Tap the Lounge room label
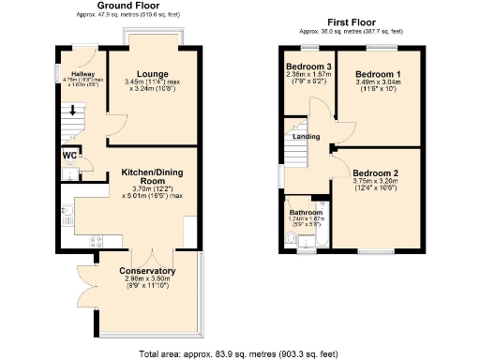coord(152,74)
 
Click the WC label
coord(70,155)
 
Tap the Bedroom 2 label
coord(376,173)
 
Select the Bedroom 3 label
coord(309,67)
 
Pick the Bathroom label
coord(305,213)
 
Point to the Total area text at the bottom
coord(238,353)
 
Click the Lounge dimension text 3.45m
coord(141,83)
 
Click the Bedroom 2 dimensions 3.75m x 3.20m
coord(376,183)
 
